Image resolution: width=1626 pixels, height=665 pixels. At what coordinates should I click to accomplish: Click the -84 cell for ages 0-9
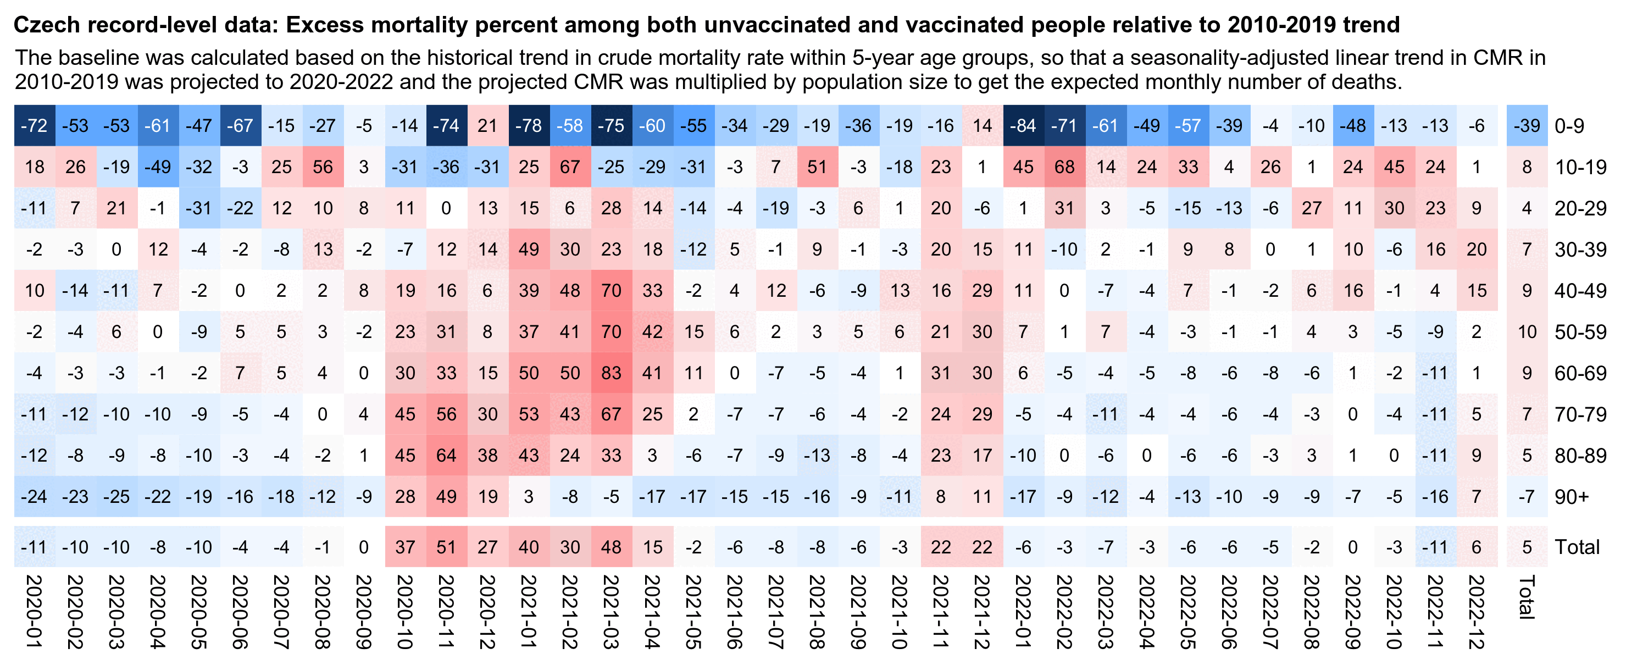pos(1023,126)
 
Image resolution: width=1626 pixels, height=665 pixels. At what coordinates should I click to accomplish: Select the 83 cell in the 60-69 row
pos(611,373)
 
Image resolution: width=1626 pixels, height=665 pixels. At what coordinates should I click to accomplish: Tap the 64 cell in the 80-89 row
pos(446,455)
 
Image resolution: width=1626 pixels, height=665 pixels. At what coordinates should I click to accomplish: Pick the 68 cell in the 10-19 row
pos(1064,167)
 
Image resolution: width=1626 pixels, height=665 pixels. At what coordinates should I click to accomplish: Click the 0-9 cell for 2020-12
pos(487,126)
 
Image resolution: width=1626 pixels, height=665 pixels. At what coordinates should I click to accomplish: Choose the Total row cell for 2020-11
pos(446,547)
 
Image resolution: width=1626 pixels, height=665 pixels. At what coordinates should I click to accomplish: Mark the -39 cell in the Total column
pos(1527,126)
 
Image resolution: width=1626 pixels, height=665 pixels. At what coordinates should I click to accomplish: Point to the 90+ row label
pos(1571,497)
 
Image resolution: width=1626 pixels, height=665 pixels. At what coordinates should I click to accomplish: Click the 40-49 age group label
pos(1580,291)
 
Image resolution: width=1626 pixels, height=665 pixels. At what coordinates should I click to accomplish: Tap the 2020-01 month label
pos(34,611)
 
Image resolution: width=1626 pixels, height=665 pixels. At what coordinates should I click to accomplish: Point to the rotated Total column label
pos(1527,597)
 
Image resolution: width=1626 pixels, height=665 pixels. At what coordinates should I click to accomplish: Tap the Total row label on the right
pos(1577,547)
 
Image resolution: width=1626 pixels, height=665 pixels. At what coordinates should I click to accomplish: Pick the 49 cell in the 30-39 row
pos(529,250)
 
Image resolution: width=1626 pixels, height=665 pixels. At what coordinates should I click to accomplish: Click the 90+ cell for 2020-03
pos(116,497)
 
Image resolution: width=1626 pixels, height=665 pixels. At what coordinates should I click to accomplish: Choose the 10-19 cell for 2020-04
pos(158,167)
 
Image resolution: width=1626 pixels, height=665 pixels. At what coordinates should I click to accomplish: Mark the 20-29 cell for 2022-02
pos(1064,208)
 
